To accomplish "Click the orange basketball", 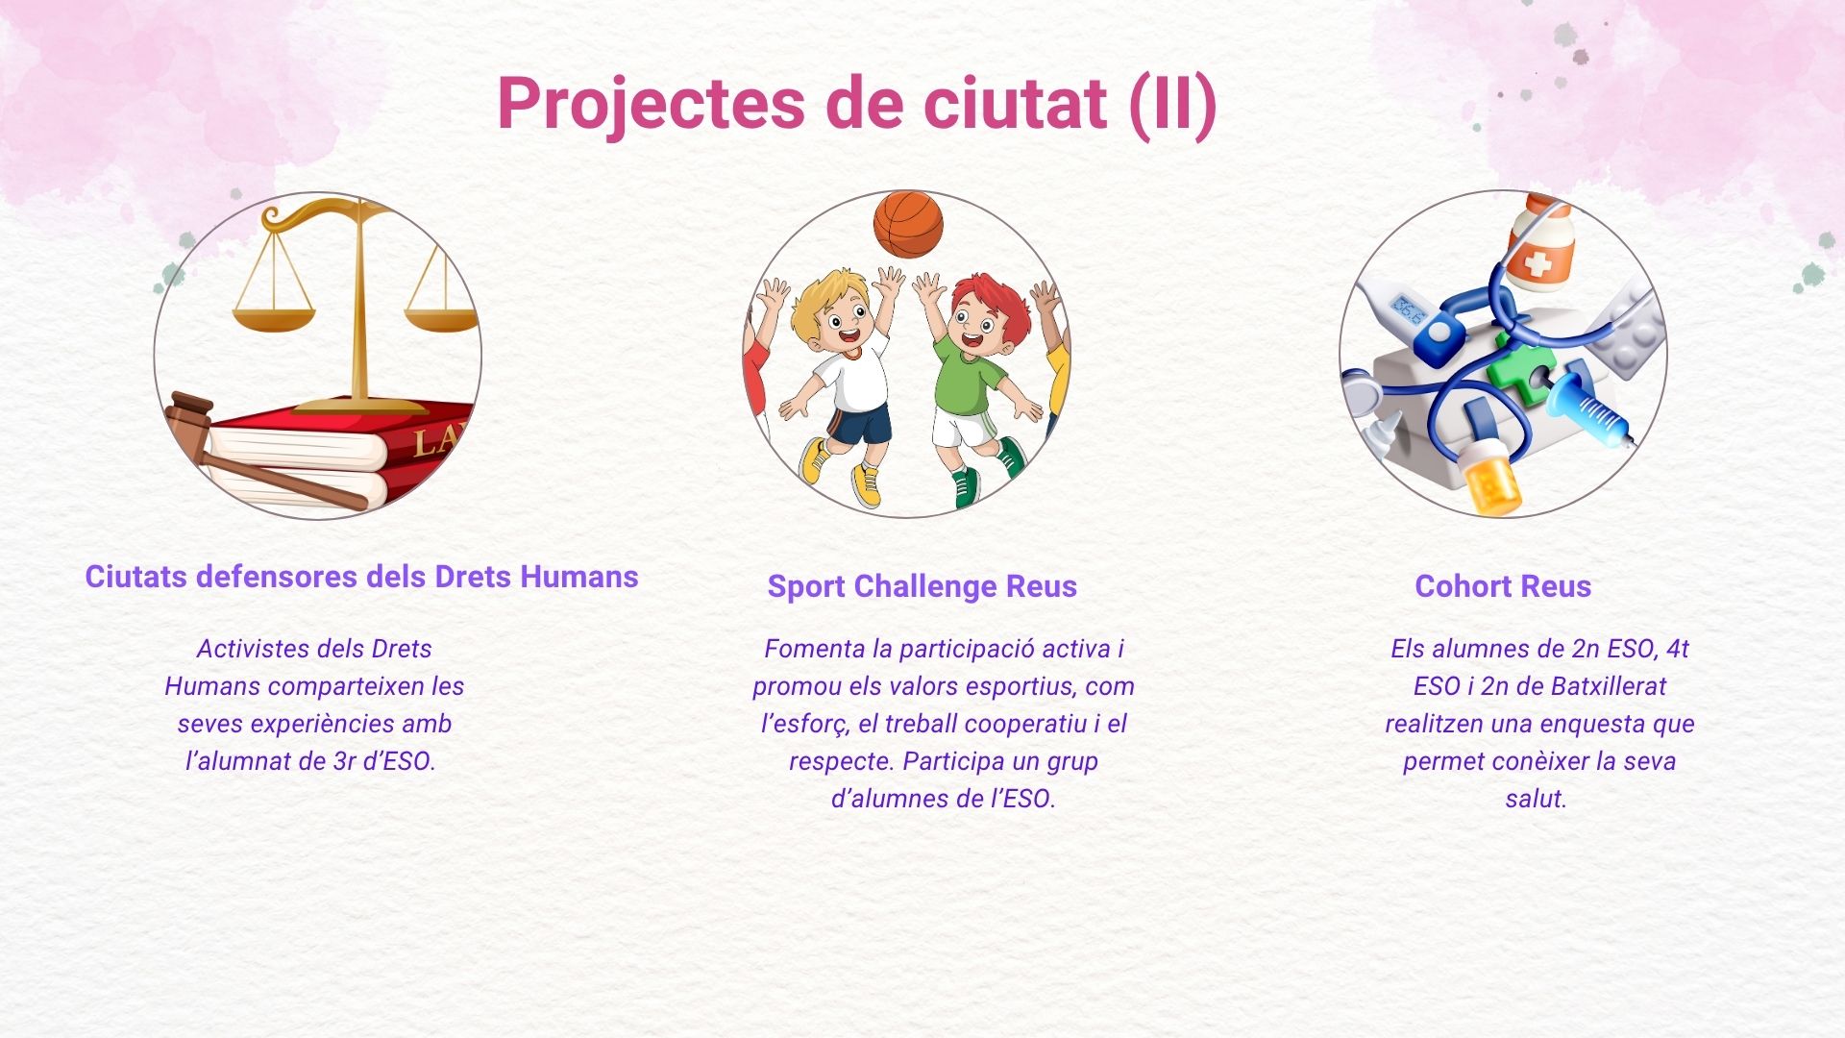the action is click(908, 224).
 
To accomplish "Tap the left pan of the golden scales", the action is click(274, 318).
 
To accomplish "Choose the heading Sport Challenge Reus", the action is click(922, 586).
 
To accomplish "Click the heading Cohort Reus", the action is click(1503, 586).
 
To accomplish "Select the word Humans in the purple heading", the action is click(578, 577).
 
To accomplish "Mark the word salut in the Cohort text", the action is click(1536, 799).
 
